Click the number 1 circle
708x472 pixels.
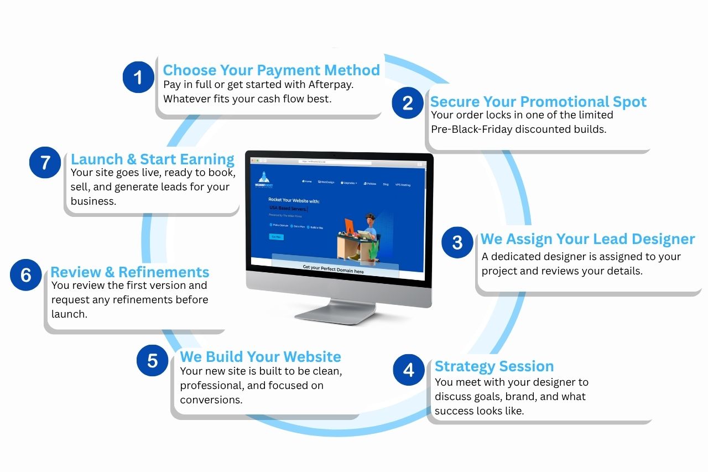click(138, 77)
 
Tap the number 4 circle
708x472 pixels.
click(409, 370)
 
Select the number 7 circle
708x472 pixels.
click(45, 163)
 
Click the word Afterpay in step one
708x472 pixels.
click(330, 85)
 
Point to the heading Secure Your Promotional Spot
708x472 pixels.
click(538, 102)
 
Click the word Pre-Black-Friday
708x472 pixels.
click(476, 129)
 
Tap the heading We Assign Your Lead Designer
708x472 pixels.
click(587, 239)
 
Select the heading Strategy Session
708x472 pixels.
click(494, 366)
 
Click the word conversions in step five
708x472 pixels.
click(211, 400)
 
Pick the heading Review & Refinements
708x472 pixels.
click(130, 272)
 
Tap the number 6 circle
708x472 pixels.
click(26, 275)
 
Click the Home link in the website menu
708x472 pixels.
click(307, 181)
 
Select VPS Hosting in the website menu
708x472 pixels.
click(403, 185)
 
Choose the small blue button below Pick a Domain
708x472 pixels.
click(276, 236)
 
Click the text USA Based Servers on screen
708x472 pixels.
click(288, 209)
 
